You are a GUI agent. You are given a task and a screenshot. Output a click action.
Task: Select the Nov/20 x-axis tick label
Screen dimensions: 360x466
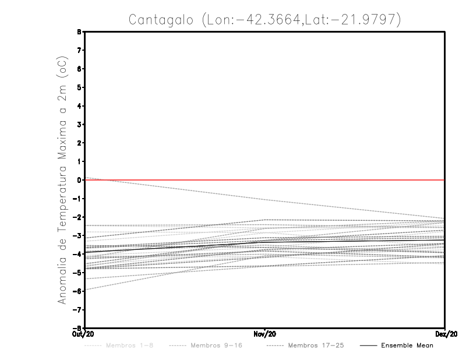pos(265,334)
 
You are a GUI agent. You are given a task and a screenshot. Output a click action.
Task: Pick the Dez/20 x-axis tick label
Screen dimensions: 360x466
pos(446,334)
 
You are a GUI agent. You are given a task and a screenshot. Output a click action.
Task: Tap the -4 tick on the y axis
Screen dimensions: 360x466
pos(79,254)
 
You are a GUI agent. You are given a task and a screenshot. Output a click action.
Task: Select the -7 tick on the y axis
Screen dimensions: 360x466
pos(79,309)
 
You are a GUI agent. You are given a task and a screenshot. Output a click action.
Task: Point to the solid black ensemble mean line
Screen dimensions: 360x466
pos(349,240)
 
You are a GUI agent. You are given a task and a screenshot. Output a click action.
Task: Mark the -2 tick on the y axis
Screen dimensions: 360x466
pos(79,217)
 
